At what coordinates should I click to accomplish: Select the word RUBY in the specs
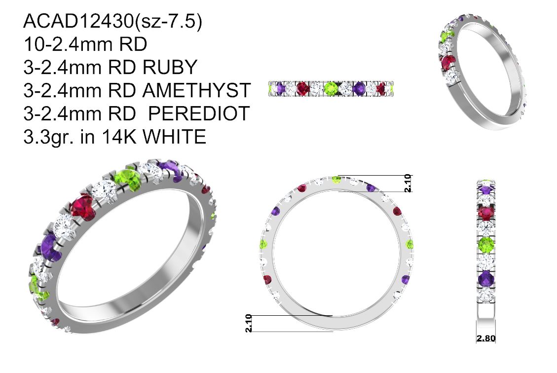[x=170, y=67]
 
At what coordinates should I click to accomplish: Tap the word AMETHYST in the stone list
[x=197, y=90]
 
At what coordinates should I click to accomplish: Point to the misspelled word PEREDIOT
[x=199, y=113]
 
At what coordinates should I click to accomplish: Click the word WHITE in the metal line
[x=175, y=137]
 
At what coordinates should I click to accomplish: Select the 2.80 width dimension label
[x=486, y=338]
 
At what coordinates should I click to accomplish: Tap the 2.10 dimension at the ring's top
[x=408, y=183]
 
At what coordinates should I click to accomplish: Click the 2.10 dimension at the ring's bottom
[x=249, y=323]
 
